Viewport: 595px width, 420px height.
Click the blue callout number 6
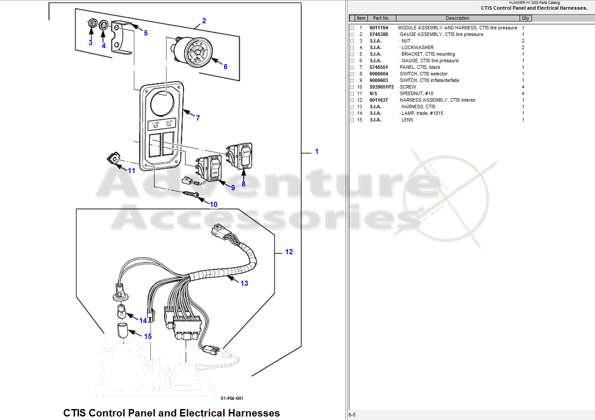[x=225, y=67]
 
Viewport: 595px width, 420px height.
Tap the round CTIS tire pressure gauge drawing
[x=197, y=52]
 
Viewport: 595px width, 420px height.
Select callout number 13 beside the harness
[x=244, y=283]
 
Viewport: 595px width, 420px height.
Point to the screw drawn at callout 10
[x=191, y=194]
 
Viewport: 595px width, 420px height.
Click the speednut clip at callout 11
[x=114, y=158]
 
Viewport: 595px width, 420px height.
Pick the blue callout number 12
[x=289, y=252]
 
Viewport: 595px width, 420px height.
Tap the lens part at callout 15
[x=122, y=330]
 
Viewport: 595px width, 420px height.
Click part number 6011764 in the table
[x=379, y=28]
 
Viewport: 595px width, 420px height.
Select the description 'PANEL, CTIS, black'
[x=420, y=67]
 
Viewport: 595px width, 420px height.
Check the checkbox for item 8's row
[x=352, y=74]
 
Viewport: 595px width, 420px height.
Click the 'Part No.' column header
[x=381, y=18]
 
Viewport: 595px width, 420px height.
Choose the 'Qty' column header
[x=525, y=18]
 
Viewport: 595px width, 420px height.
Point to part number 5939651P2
[x=381, y=87]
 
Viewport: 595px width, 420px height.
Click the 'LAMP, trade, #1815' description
[x=422, y=113]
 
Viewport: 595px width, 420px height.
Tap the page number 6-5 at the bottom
[x=352, y=415]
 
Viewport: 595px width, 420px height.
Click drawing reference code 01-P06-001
[x=232, y=398]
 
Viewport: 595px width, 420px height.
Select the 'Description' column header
[x=457, y=18]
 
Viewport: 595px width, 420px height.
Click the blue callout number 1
[x=317, y=151]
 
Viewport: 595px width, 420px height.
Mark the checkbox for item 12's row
[x=352, y=100]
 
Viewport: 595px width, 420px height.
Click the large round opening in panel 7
[x=162, y=103]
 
